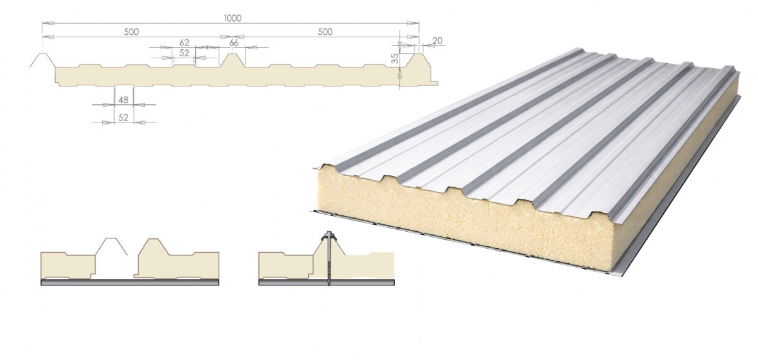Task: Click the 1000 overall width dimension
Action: pyautogui.click(x=232, y=18)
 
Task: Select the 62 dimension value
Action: pyautogui.click(x=184, y=42)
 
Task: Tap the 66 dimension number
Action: pyautogui.click(x=234, y=42)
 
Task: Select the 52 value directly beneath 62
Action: pyautogui.click(x=184, y=54)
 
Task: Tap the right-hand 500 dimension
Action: pyautogui.click(x=325, y=32)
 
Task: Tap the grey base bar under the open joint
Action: pyautogui.click(x=129, y=282)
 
